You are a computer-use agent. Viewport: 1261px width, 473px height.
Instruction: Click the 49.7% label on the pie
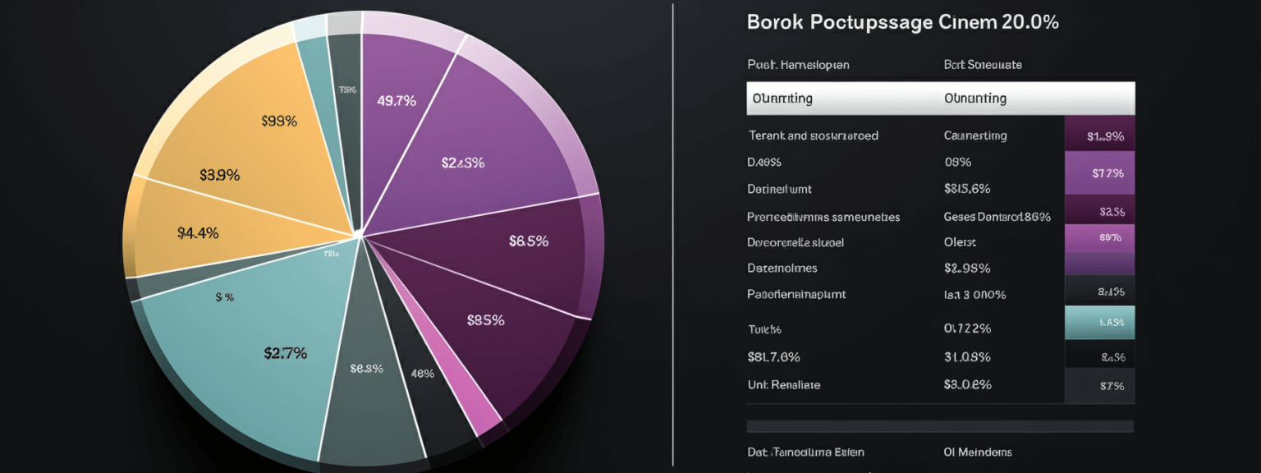point(397,101)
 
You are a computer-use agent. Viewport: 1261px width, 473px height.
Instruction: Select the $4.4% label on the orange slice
point(198,232)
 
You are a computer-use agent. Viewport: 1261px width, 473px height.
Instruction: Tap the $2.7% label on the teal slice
point(285,353)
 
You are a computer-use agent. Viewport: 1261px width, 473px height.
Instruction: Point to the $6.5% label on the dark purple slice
point(529,241)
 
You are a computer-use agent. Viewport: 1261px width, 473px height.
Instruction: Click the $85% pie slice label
point(485,320)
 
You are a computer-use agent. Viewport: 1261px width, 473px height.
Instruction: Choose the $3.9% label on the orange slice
point(219,175)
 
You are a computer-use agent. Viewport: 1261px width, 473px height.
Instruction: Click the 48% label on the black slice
point(422,374)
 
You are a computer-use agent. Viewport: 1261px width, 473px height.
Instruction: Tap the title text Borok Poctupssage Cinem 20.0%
point(902,23)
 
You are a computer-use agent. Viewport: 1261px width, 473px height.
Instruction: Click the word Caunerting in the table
point(975,135)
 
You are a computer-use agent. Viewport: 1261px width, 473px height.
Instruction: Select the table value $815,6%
point(967,189)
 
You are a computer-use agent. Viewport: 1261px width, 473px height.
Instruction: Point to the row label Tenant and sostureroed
point(813,135)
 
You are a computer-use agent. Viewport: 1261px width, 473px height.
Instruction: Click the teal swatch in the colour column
point(1099,322)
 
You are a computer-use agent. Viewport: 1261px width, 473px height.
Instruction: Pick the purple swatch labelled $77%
point(1099,173)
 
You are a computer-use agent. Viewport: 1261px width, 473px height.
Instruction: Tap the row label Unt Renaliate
point(783,384)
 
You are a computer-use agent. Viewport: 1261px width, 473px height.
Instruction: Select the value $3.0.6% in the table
point(967,384)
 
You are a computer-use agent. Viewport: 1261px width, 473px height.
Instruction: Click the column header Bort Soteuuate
point(983,64)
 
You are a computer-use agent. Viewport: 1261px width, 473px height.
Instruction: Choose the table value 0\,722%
point(967,328)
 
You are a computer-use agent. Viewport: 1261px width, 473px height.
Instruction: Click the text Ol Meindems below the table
point(978,452)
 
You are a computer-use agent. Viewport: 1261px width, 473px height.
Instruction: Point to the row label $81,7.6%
point(773,357)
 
